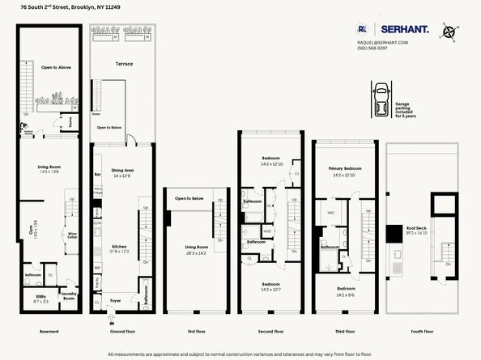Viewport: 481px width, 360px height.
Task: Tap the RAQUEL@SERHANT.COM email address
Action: (x=382, y=42)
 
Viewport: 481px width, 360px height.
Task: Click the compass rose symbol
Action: (x=450, y=32)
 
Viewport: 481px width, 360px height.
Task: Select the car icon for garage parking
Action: (x=379, y=99)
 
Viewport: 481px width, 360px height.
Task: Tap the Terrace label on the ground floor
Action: (x=124, y=63)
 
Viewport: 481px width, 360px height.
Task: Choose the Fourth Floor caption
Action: (x=421, y=331)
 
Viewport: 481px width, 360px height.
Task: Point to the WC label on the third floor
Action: (x=332, y=214)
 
